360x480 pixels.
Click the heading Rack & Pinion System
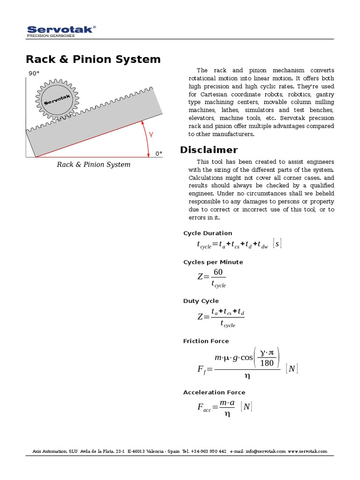93,60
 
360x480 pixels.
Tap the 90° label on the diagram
34,74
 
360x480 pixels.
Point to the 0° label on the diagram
158,154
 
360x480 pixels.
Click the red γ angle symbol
151,134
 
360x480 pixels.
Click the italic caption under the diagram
94,165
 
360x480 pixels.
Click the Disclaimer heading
209,150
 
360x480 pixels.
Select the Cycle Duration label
207,233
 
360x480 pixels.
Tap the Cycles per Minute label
213,262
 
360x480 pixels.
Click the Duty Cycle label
201,301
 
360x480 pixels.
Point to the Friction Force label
206,341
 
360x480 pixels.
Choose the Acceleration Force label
214,392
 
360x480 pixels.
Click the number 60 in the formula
218,272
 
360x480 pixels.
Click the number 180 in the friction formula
266,362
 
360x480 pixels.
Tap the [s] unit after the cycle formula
277,244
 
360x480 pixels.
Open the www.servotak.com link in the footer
307,451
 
